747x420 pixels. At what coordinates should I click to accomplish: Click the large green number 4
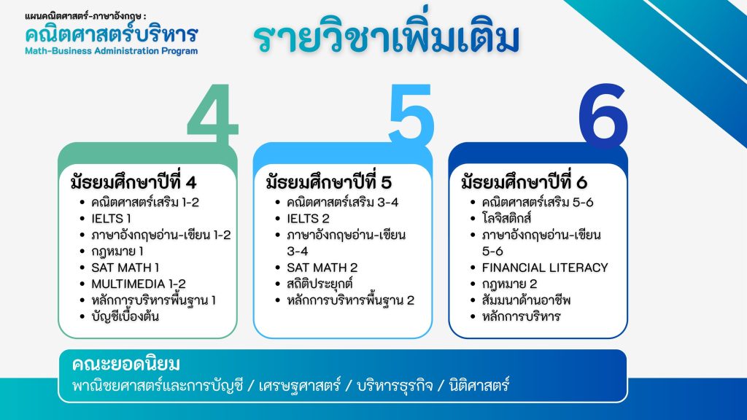click(212, 114)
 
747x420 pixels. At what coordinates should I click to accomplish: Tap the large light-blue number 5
click(411, 114)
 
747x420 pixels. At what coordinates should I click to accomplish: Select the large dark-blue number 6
click(603, 115)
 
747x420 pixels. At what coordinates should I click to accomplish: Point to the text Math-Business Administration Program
click(112, 51)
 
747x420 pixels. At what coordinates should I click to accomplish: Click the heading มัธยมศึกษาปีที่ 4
click(133, 182)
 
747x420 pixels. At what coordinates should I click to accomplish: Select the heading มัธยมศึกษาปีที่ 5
click(329, 182)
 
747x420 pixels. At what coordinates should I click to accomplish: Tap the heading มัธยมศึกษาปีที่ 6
click(524, 182)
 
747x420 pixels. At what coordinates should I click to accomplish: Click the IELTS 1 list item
click(111, 219)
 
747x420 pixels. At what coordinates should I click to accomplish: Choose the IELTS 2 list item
click(308, 219)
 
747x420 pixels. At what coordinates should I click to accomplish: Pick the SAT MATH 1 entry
click(125, 268)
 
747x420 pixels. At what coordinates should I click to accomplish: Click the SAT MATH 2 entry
click(322, 268)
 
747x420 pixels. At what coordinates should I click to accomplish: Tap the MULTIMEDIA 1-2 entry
click(139, 284)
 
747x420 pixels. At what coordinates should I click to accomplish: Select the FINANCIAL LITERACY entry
click(545, 268)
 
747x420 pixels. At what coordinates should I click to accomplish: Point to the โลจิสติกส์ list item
click(506, 218)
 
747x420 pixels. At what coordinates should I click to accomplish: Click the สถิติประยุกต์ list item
click(320, 284)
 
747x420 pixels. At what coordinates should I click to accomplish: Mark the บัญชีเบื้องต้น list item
click(125, 316)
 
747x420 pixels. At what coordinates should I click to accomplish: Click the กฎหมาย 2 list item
click(509, 284)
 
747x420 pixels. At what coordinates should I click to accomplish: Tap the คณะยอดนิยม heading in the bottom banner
click(126, 365)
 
